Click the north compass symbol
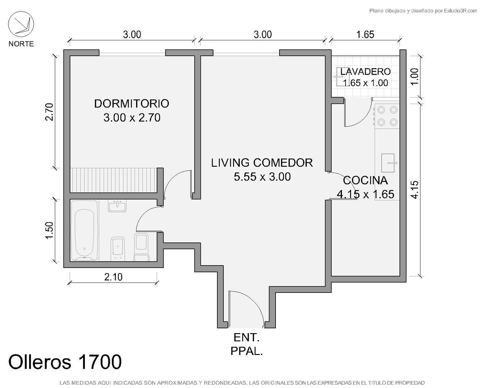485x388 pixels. (21, 24)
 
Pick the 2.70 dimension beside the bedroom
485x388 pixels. (49, 112)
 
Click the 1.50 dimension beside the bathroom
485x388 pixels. (49, 230)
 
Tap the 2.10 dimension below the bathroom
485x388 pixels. (114, 277)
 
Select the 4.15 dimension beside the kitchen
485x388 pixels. (415, 190)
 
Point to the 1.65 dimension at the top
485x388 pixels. (365, 34)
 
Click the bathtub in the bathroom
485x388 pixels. (84, 231)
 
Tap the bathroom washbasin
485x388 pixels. (117, 206)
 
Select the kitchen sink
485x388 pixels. (388, 163)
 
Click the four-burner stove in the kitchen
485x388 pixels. (387, 116)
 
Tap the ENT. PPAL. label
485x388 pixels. (246, 344)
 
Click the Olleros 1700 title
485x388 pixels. (65, 362)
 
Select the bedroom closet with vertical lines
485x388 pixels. (114, 180)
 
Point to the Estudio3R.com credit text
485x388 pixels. (423, 10)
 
